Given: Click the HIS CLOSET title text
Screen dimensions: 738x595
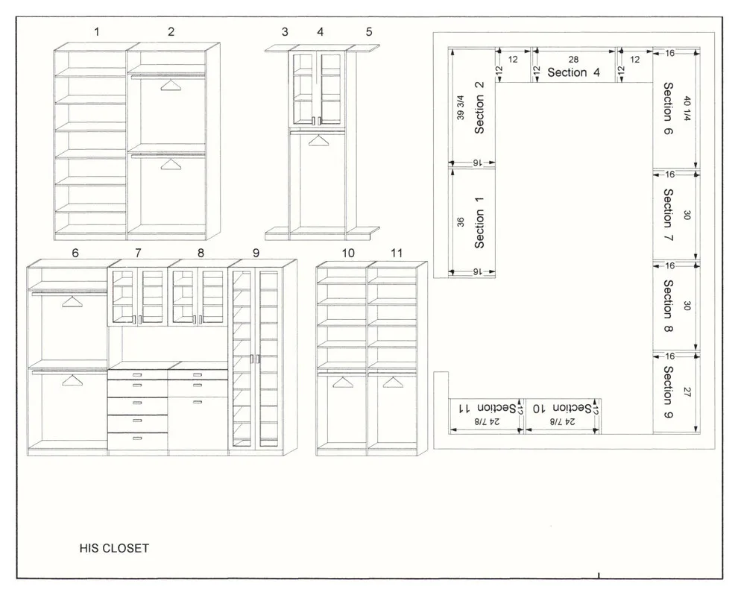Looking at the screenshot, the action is pos(114,548).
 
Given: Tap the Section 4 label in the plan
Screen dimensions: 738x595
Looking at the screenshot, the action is pos(573,72).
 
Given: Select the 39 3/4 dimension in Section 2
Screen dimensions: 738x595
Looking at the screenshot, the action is pos(460,107).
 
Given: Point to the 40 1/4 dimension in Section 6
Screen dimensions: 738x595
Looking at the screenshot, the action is pos(687,109).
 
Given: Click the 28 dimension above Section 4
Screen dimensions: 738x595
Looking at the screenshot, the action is pos(573,60).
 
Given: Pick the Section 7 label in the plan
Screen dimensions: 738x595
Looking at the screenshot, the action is pos(669,215).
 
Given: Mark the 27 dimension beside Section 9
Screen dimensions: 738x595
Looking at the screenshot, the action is pos(687,391).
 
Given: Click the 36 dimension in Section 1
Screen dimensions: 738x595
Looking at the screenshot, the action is pos(460,221).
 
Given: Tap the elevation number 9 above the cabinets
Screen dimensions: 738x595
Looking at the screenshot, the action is pos(256,254).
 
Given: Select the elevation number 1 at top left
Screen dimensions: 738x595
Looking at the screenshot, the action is pos(97,32).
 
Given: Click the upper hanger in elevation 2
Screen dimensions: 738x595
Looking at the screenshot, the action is pos(171,85).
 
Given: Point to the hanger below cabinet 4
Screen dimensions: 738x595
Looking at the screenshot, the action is pos(319,140).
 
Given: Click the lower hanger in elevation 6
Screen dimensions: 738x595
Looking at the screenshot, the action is pos(72,380).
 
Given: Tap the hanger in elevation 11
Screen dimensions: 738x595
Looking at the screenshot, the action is pos(394,382).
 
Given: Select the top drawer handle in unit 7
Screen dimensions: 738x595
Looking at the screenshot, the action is pos(137,375).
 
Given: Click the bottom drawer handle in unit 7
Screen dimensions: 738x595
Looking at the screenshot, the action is pos(137,438).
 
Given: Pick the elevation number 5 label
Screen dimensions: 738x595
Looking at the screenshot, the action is pos(369,32).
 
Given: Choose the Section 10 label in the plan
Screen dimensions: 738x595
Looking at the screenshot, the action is pos(562,408).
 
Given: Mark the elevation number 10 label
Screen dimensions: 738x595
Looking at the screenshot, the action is pos(348,254).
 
